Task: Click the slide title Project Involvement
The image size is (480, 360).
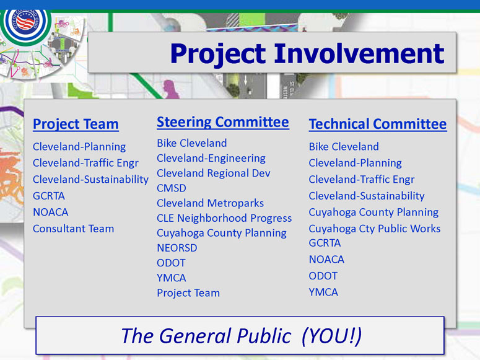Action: pyautogui.click(x=307, y=54)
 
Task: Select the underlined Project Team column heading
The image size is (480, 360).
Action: pyautogui.click(x=76, y=125)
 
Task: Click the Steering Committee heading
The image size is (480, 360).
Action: pyautogui.click(x=223, y=122)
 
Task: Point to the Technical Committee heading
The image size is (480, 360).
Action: pyautogui.click(x=378, y=124)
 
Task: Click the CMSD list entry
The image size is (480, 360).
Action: pyautogui.click(x=172, y=188)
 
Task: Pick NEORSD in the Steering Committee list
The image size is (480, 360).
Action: pyautogui.click(x=177, y=248)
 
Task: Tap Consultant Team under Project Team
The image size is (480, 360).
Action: pyautogui.click(x=74, y=229)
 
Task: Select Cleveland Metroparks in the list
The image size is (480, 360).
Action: pyautogui.click(x=211, y=203)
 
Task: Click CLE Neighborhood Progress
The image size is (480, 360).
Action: pyautogui.click(x=224, y=218)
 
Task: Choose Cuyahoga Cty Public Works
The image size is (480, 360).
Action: pyautogui.click(x=375, y=229)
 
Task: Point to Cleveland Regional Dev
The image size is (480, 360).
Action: pyautogui.click(x=214, y=173)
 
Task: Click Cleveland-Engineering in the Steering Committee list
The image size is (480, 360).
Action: pyautogui.click(x=211, y=159)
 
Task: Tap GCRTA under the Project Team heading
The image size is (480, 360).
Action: pyautogui.click(x=49, y=196)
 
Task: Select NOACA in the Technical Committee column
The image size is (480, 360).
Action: pyautogui.click(x=326, y=260)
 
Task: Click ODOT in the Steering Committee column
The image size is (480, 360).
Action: pyautogui.click(x=171, y=263)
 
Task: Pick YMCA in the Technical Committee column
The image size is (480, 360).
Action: pyautogui.click(x=323, y=292)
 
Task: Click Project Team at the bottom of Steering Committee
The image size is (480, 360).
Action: pyautogui.click(x=188, y=293)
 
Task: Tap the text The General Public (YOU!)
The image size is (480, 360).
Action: pyautogui.click(x=242, y=336)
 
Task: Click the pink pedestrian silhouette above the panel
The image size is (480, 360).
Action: pyautogui.click(x=170, y=89)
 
